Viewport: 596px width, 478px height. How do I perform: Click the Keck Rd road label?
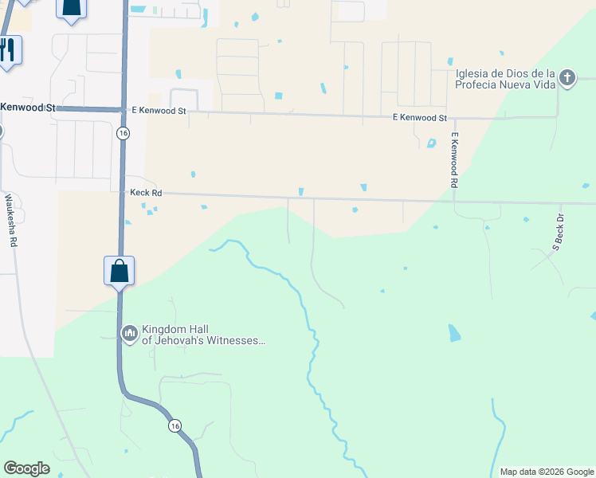click(x=146, y=193)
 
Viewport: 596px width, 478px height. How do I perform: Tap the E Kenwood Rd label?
click(x=453, y=160)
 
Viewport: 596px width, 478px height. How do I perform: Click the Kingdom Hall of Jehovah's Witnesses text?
click(x=202, y=335)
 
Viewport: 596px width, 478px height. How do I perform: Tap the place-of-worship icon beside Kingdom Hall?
click(x=128, y=333)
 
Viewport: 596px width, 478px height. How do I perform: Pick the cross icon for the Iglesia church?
click(x=567, y=78)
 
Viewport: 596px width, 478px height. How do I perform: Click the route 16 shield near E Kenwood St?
click(x=122, y=133)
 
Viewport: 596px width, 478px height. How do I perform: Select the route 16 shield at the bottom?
click(x=174, y=426)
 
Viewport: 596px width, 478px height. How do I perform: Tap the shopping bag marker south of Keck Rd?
click(x=119, y=271)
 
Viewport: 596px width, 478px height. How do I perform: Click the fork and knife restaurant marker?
click(x=7, y=51)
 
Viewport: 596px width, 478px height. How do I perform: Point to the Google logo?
click(x=26, y=468)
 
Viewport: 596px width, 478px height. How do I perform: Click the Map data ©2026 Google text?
click(x=546, y=472)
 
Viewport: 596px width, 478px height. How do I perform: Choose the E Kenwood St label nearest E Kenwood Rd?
click(x=419, y=118)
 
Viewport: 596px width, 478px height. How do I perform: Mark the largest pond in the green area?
click(x=453, y=333)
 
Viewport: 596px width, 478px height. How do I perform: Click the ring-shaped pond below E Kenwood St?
click(x=431, y=143)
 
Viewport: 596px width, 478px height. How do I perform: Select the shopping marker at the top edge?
click(x=71, y=8)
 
